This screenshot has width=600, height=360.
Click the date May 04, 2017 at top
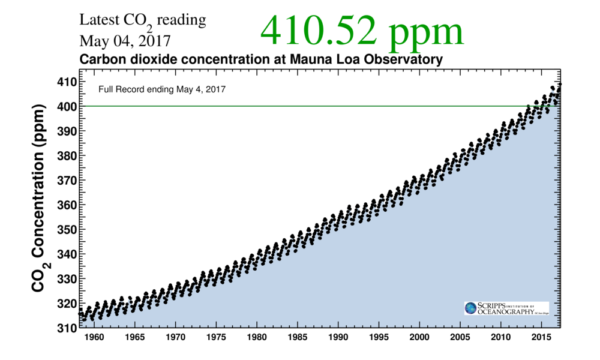click(x=124, y=41)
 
